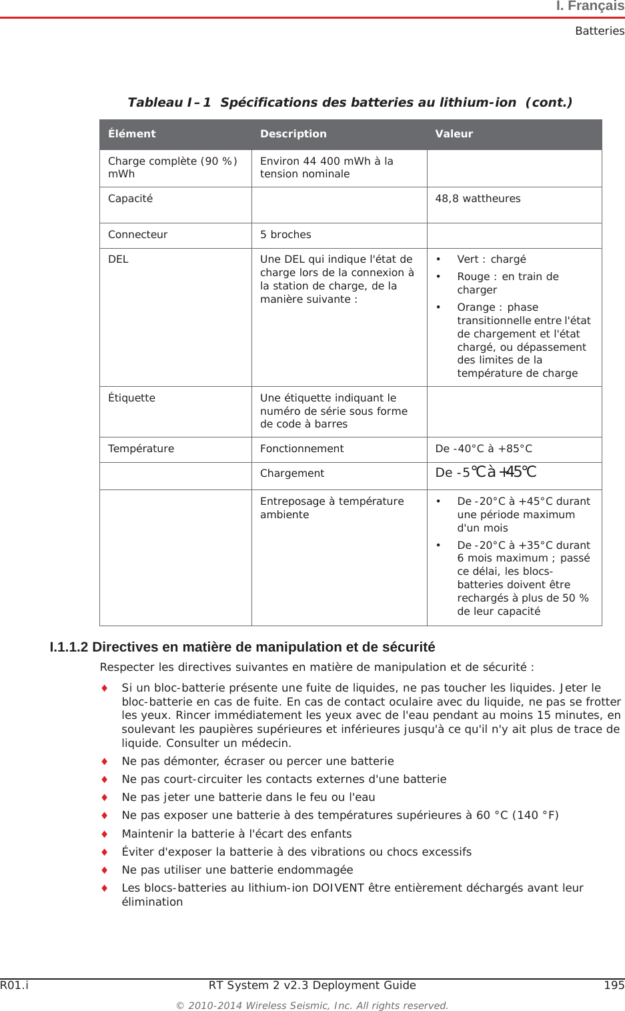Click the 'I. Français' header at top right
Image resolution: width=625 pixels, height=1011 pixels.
point(590,7)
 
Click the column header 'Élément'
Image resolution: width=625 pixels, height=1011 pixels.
point(131,134)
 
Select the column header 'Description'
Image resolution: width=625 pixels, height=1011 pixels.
point(293,134)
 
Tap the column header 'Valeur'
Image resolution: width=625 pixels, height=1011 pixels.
point(454,134)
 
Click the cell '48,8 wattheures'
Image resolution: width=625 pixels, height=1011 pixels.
point(478,199)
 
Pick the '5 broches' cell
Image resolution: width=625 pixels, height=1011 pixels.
point(285,235)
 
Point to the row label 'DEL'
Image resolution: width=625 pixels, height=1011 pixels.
point(118,259)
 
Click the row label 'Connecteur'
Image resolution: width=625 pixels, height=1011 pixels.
point(137,235)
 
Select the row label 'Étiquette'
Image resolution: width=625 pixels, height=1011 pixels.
point(131,398)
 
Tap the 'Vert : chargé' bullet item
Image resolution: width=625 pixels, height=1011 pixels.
point(491,259)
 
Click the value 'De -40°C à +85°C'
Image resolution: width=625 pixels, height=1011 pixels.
point(484,449)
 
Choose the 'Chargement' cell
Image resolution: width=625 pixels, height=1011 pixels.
point(292,473)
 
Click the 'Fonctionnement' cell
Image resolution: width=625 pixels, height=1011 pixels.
point(301,449)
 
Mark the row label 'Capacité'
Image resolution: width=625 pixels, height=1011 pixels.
point(130,199)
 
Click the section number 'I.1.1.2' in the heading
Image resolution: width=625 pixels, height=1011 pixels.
point(69,647)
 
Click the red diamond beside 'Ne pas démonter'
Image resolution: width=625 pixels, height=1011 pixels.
point(104,762)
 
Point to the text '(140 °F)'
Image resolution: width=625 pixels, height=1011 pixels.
point(535,816)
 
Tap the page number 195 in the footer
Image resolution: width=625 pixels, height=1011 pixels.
point(614,986)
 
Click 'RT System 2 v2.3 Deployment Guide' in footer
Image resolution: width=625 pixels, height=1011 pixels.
point(312,986)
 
